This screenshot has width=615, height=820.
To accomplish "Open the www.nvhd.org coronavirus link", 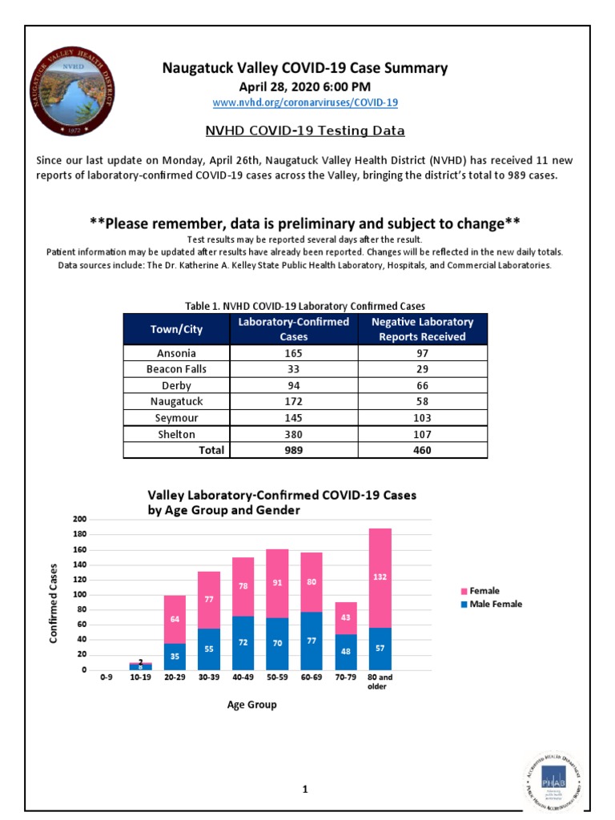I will [305, 102].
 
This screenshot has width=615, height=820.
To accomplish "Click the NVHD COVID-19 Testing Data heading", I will [305, 131].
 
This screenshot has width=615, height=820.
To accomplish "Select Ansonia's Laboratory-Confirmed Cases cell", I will [294, 353].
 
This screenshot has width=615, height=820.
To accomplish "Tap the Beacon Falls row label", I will [176, 369].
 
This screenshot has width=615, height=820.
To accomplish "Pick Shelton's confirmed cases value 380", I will [294, 434].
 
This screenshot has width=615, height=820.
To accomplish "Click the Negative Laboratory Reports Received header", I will [422, 329].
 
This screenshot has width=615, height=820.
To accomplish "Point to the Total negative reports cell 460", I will [422, 450].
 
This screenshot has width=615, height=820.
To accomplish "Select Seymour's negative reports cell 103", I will [422, 418].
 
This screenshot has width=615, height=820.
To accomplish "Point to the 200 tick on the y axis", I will [78, 520].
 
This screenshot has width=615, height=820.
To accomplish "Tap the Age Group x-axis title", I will [252, 705].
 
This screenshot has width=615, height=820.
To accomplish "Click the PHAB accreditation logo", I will [553, 779].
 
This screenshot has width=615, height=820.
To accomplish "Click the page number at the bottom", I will [305, 790].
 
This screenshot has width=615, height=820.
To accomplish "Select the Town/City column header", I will [176, 329].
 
